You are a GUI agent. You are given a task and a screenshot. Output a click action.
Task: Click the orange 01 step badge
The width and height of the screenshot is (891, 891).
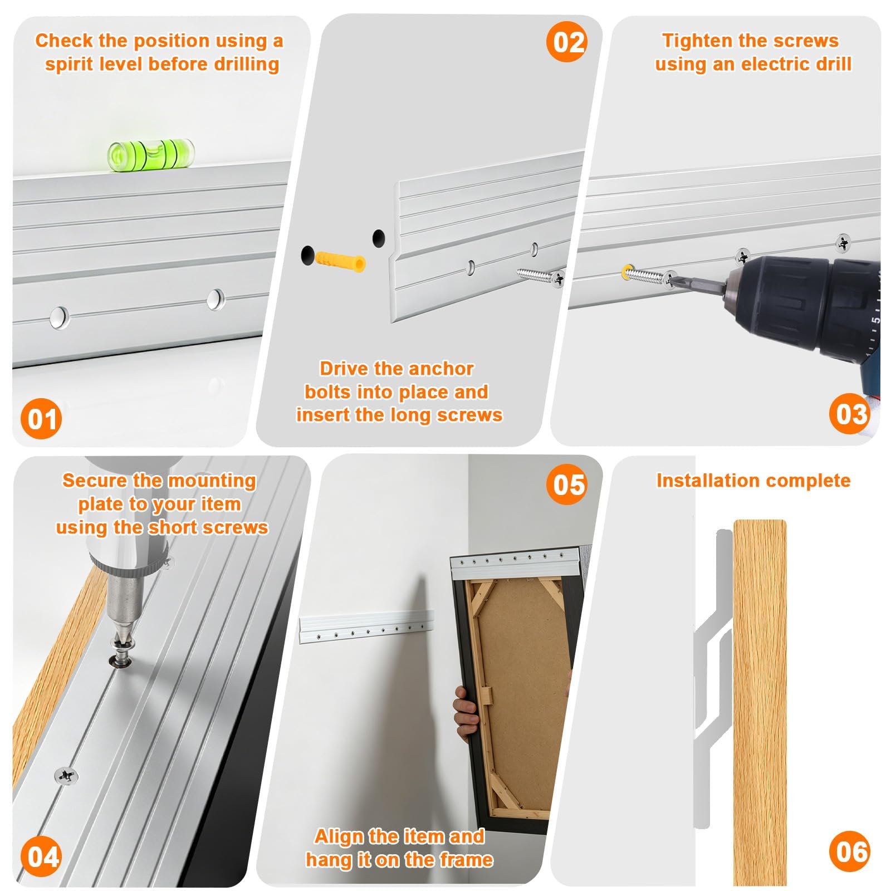tap(41, 419)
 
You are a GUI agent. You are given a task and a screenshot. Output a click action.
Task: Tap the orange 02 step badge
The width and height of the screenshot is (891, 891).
tap(567, 42)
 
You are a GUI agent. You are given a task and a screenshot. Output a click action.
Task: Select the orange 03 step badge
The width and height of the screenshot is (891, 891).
tap(850, 414)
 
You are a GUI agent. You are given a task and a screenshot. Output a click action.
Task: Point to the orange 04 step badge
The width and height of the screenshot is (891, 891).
tap(41, 856)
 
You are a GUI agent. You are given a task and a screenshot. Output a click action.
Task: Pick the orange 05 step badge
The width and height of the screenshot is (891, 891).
tap(567, 484)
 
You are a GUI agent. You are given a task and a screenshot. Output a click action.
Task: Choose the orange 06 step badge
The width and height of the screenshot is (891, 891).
tap(850, 851)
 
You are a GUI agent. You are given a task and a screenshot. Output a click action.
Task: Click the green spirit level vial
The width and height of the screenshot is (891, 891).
tap(151, 154)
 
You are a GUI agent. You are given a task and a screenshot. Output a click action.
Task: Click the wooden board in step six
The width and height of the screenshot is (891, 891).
tap(760, 702)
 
